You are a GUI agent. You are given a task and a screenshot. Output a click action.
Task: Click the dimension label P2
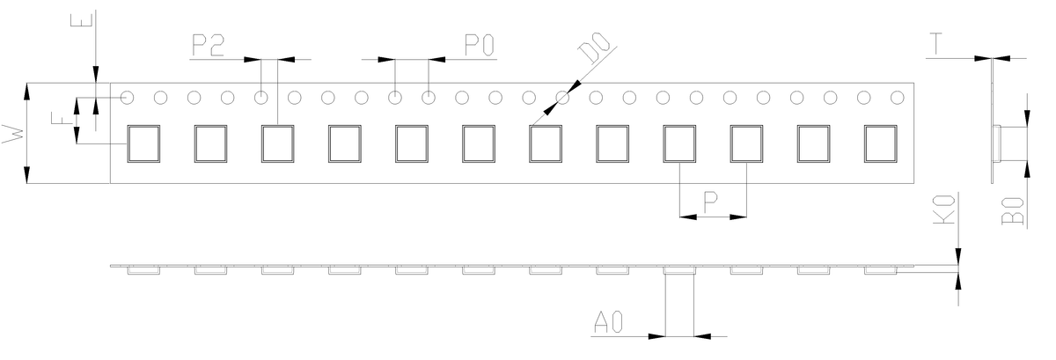(207, 46)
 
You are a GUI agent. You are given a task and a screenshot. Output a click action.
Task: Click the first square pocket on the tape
(143, 143)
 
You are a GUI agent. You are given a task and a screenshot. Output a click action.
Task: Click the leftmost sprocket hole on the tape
(128, 97)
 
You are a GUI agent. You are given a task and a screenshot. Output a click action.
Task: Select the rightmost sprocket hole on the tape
(897, 97)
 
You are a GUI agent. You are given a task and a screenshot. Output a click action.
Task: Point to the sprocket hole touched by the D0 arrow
(561, 97)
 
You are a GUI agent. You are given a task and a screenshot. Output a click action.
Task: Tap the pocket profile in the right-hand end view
(1010, 143)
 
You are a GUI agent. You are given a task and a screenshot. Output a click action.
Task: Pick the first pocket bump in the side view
(143, 270)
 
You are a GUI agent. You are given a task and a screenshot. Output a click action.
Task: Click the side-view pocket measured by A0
(678, 270)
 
